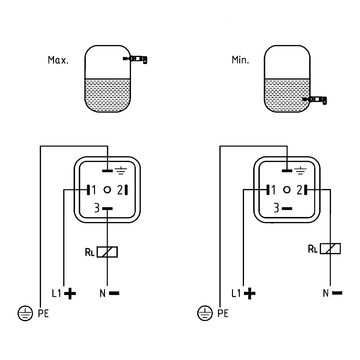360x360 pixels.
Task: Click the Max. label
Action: pyautogui.click(x=58, y=60)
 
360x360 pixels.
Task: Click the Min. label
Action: pyautogui.click(x=240, y=60)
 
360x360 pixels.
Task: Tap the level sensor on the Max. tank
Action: pyautogui.click(x=135, y=59)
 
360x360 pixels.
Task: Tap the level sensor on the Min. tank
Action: pyautogui.click(x=315, y=100)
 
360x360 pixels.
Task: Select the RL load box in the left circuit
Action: pyautogui.click(x=107, y=252)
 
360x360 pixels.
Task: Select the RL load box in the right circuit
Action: pyautogui.click(x=330, y=249)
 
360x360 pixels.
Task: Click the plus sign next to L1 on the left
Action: pyautogui.click(x=70, y=293)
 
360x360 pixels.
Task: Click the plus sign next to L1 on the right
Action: pyautogui.click(x=250, y=293)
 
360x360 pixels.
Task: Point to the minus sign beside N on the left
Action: pyautogui.click(x=114, y=293)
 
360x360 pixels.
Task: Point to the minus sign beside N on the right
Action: pyautogui.click(x=337, y=293)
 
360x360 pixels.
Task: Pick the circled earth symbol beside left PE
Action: pyautogui.click(x=25, y=314)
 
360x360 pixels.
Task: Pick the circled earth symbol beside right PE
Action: pyautogui.click(x=205, y=314)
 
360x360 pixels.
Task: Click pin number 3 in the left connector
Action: pyautogui.click(x=97, y=209)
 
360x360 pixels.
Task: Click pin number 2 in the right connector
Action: pyautogui.click(x=300, y=190)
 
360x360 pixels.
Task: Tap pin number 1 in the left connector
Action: pyautogui.click(x=94, y=190)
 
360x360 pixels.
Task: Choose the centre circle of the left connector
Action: pyautogui.click(x=107, y=190)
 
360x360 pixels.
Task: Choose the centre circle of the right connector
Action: pyautogui.click(x=287, y=190)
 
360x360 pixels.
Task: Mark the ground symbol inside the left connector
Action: pyautogui.click(x=119, y=171)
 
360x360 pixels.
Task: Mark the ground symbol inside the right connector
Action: pyautogui.click(x=299, y=171)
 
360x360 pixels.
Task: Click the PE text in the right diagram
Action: pyautogui.click(x=223, y=314)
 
